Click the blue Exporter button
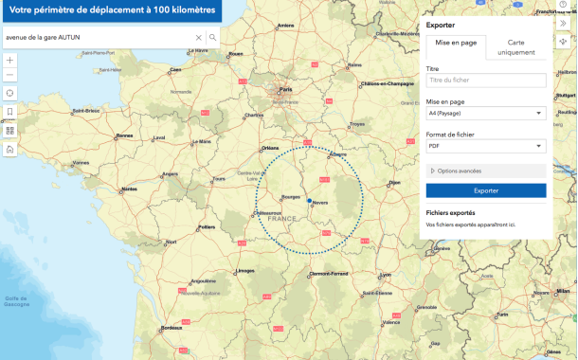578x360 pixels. click(x=486, y=190)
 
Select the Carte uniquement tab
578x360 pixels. click(x=516, y=48)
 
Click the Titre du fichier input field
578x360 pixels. click(x=486, y=81)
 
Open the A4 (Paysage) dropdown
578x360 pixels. click(x=486, y=113)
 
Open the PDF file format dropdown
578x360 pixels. click(x=486, y=146)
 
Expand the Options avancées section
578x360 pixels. click(x=486, y=171)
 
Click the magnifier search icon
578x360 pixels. click(x=213, y=38)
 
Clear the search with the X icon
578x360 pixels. click(x=199, y=38)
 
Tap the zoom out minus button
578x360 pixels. click(x=10, y=75)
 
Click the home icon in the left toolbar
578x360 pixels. click(x=10, y=149)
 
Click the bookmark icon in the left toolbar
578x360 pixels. click(x=10, y=112)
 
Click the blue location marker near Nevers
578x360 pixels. click(x=309, y=201)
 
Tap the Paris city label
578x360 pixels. click(x=285, y=91)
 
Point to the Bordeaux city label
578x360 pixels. click(x=171, y=328)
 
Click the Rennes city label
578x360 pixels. click(x=125, y=135)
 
